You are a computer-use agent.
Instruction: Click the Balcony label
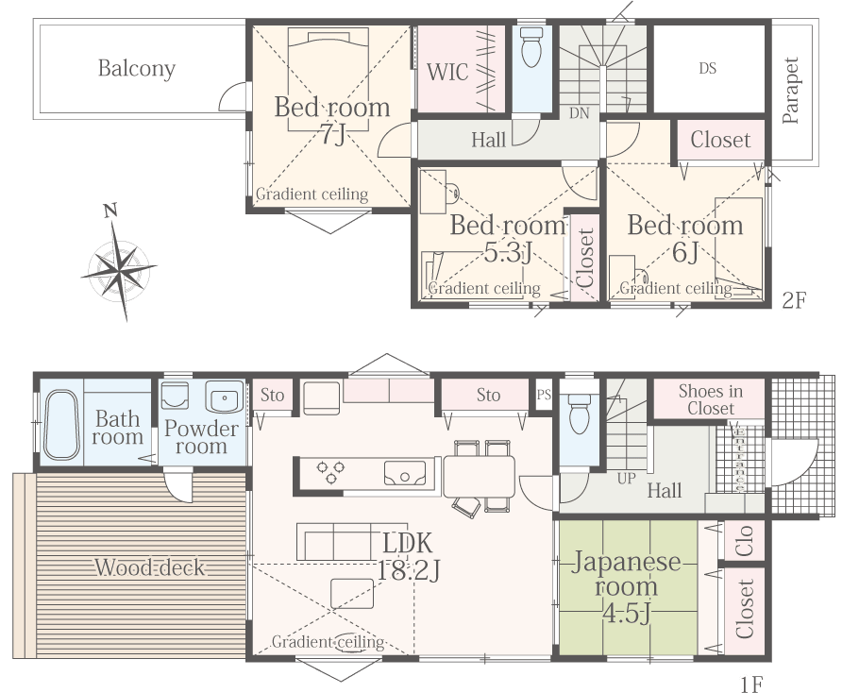pos(137,69)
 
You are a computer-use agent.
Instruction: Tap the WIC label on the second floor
pos(447,73)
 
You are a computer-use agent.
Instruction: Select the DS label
pos(707,69)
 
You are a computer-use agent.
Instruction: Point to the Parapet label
pos(790,91)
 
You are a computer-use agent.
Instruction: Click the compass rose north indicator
pos(111,210)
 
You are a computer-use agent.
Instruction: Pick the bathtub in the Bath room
pos(60,425)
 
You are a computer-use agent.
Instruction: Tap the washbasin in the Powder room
pos(224,397)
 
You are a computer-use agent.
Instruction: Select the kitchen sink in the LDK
pos(405,473)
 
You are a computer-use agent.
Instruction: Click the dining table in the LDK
pos(479,476)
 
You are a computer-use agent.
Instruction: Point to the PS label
pos(544,395)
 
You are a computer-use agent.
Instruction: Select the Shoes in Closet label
pos(711,399)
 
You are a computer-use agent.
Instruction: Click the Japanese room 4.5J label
pos(626,587)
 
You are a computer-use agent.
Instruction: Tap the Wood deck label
pos(150,567)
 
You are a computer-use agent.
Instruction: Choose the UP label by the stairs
pos(626,479)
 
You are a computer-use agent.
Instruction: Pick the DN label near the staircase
pos(579,113)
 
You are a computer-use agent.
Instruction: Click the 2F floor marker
pos(794,300)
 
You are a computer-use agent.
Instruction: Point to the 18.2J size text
pos(409,570)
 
